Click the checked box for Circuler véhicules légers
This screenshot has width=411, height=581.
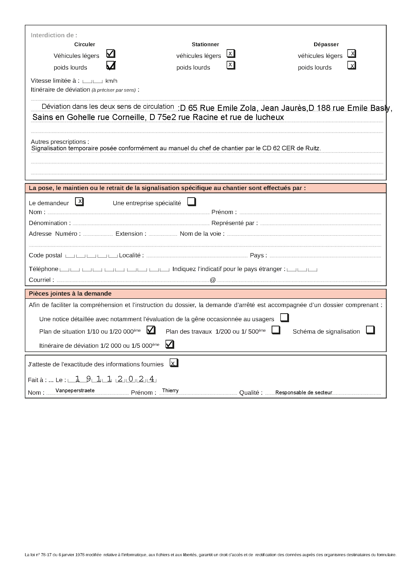[111, 54]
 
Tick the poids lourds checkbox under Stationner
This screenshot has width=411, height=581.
[231, 65]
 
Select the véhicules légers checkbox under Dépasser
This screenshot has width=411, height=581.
[352, 54]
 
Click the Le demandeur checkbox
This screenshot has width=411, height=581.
[79, 202]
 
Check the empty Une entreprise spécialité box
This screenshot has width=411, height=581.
[192, 202]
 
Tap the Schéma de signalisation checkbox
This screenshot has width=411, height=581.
[370, 330]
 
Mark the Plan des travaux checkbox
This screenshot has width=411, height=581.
[276, 330]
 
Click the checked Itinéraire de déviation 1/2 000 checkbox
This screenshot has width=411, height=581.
[169, 344]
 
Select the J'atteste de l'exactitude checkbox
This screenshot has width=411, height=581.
[174, 363]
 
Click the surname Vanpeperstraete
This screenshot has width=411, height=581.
[75, 390]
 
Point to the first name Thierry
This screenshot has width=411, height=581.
[170, 390]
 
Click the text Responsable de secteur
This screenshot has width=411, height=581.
[303, 392]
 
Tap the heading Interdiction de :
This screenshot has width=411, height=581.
[54, 36]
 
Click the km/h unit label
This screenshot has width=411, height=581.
[111, 81]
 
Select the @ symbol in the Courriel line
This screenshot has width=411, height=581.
[213, 280]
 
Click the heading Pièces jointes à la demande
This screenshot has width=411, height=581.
[70, 294]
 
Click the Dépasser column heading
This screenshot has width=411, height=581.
[326, 44]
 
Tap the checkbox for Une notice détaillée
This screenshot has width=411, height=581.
[285, 318]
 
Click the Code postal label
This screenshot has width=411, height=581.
[45, 255]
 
